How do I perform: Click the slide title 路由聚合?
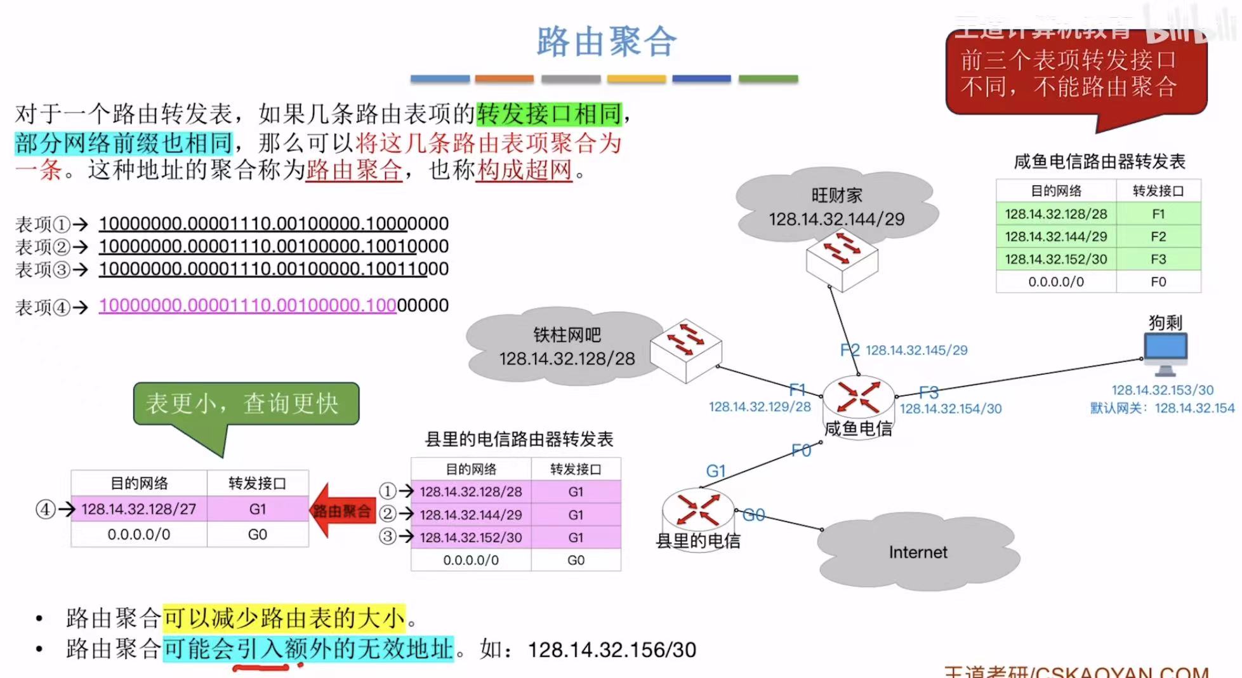607,42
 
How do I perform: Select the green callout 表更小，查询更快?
246,404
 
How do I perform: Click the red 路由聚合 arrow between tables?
341,510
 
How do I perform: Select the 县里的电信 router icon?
697,509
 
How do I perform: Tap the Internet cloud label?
918,552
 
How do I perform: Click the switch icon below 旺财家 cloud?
842,259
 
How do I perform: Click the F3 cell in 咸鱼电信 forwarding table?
1158,259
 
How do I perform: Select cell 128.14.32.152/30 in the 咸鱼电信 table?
1056,259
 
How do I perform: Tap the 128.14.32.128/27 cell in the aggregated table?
139,509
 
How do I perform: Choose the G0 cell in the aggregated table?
257,535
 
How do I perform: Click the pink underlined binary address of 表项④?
248,305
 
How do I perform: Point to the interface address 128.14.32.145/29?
916,350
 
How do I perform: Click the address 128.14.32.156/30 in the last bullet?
612,649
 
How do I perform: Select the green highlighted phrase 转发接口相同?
549,114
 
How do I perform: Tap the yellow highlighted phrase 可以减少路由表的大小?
284,618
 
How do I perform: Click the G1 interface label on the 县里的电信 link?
715,471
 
